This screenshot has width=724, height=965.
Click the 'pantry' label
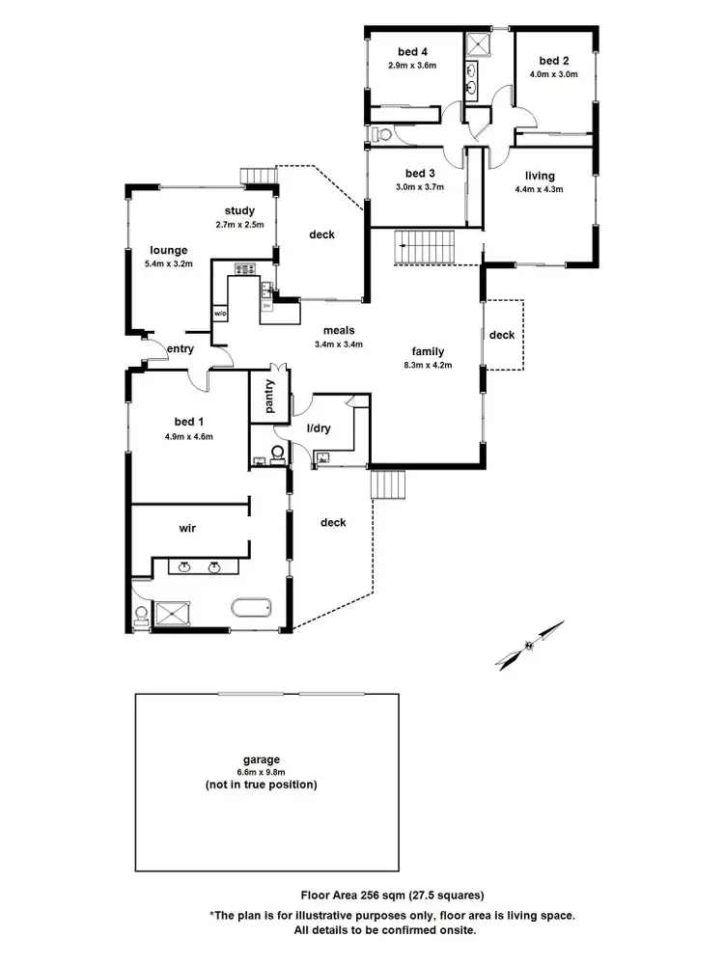click(x=263, y=396)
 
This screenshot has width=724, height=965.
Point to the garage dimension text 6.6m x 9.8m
click(x=261, y=772)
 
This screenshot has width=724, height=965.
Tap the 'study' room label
click(x=238, y=210)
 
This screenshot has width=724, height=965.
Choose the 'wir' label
click(x=188, y=529)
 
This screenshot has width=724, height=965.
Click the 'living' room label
click(x=540, y=176)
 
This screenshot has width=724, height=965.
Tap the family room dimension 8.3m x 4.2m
click(x=428, y=365)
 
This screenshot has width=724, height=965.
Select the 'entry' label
click(x=181, y=348)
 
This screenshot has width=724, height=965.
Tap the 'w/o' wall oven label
click(x=219, y=314)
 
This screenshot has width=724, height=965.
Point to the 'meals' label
click(x=339, y=330)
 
